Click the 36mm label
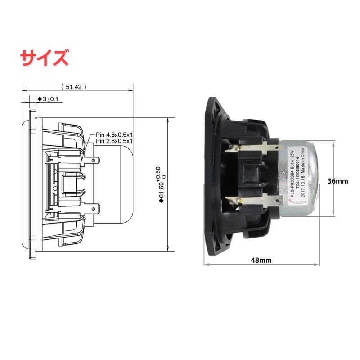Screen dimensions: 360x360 point(338,181)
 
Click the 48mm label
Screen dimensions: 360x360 point(261,260)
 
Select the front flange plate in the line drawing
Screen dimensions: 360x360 point(32,184)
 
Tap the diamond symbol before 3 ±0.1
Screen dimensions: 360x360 point(39,99)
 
